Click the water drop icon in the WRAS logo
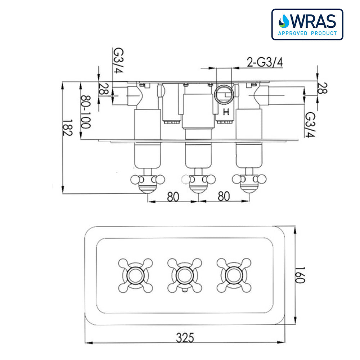click(x=284, y=21)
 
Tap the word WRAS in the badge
click(x=312, y=22)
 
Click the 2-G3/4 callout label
click(x=265, y=62)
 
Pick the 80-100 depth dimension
click(x=85, y=112)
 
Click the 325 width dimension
click(x=185, y=337)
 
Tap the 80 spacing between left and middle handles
click(x=173, y=196)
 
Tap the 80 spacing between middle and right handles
click(x=224, y=196)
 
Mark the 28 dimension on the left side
click(x=104, y=89)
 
